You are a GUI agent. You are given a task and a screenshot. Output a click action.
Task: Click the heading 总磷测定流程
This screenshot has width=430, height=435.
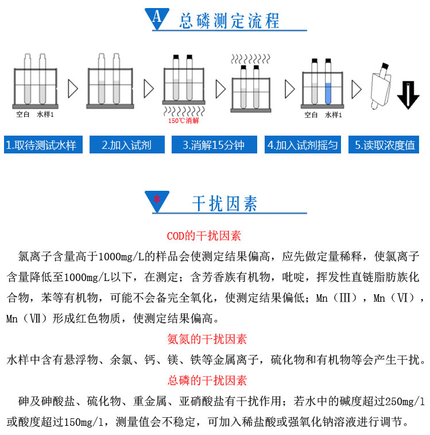(x=229, y=21)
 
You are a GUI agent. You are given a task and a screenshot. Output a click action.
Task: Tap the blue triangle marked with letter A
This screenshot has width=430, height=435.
(x=157, y=18)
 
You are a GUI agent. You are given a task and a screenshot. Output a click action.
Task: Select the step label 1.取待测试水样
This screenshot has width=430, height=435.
(x=43, y=145)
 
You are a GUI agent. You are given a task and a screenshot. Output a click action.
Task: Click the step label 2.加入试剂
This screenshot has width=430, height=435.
(x=127, y=145)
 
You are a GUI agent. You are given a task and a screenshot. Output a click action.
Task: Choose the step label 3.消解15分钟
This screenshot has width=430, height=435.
(x=214, y=145)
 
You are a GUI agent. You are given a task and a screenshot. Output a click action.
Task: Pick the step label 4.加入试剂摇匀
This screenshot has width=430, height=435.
(x=303, y=145)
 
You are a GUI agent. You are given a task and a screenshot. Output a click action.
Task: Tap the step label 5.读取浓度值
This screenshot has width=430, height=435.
(x=383, y=145)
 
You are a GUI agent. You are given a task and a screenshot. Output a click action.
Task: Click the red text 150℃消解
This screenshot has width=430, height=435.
(x=184, y=121)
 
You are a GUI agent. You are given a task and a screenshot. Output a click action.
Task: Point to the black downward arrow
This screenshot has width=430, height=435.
(x=408, y=95)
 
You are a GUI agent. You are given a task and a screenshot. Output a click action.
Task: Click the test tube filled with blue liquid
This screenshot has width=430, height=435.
(x=328, y=82)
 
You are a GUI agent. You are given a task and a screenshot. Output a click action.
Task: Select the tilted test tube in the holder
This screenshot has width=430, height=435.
(x=381, y=85)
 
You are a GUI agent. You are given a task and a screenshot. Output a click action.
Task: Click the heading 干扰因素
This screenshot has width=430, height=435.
(x=224, y=203)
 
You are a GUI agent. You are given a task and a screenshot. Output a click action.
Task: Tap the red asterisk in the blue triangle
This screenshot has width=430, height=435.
(x=157, y=199)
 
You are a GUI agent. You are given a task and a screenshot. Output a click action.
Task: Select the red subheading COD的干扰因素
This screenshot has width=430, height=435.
(x=204, y=236)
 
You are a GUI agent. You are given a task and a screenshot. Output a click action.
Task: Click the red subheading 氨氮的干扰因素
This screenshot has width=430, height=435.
(x=207, y=339)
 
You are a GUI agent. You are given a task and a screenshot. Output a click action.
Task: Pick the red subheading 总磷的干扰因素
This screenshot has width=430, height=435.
(x=207, y=380)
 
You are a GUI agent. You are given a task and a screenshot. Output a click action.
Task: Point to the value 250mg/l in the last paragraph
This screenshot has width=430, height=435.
(x=405, y=401)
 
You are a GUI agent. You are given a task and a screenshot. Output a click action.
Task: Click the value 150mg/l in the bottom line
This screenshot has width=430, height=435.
(x=83, y=422)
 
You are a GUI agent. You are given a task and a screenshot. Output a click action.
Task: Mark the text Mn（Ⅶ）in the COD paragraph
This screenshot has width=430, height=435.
(x=27, y=318)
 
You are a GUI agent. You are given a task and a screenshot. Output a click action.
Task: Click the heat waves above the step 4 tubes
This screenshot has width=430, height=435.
(x=251, y=59)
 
